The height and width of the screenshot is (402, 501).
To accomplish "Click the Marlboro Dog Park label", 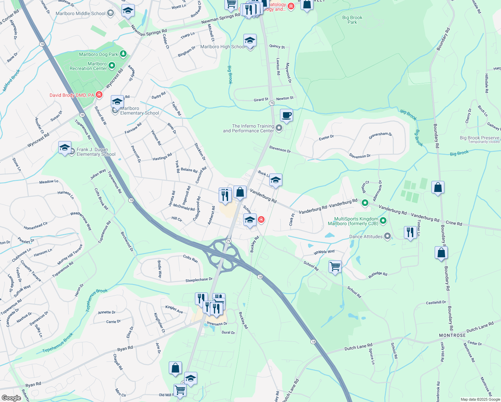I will coord(98,54).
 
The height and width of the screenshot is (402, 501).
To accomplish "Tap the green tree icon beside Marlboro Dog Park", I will coord(123,54).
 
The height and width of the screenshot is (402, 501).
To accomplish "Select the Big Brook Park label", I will coord(352,20).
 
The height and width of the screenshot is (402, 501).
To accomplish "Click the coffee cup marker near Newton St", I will coord(286,116).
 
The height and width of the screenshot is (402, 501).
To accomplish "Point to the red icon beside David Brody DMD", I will coord(99,95).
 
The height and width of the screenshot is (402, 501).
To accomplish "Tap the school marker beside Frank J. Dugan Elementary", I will coord(65,147).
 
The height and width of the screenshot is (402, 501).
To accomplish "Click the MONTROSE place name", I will coord(452,335).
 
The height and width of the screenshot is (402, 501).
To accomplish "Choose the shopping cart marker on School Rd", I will coord(335,267).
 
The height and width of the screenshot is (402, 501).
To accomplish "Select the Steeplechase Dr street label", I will coord(199,280).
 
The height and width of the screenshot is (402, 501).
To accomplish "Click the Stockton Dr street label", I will coord(200,152).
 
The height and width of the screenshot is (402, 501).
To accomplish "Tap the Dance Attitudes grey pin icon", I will coord(387,237).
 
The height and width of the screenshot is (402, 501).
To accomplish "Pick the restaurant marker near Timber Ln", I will coord(410,232).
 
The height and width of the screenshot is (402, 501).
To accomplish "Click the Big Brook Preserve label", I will coord(479,138).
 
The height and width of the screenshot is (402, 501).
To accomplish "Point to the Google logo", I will coord(11,398).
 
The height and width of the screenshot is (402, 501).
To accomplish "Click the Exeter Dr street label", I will coord(326,137).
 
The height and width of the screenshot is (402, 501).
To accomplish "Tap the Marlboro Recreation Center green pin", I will coord(112,66).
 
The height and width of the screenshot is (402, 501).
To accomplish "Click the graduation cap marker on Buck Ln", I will coord(275,180).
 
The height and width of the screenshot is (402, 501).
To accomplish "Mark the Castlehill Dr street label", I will coord(436,303).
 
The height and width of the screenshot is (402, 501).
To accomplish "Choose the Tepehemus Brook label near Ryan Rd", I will coord(58,343).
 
